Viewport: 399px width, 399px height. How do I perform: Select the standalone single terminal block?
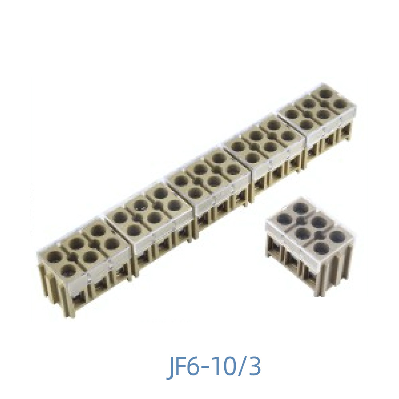310,243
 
